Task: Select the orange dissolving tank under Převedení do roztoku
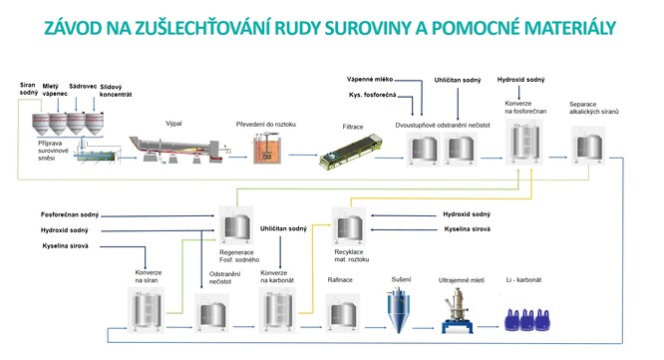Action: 267,148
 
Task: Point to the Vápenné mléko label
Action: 370,79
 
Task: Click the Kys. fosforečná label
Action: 372,95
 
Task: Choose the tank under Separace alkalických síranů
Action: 588,147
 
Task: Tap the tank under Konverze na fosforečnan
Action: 523,142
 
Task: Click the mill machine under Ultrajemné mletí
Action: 458,310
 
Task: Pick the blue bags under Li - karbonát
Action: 527,320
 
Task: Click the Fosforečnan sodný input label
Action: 70,214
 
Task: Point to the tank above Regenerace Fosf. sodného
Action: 236,225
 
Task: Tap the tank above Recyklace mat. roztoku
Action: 349,226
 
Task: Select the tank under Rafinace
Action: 343,313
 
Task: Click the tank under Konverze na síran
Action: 147,310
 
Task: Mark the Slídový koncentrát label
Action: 116,91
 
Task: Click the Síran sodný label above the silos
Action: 29,89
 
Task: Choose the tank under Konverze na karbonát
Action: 277,310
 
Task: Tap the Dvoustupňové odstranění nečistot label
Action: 443,126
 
